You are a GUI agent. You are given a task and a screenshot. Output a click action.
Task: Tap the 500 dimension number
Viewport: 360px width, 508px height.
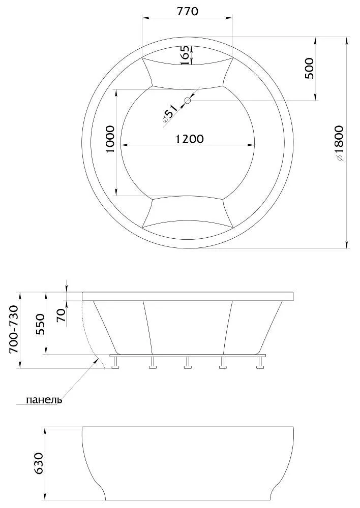tap(309, 68)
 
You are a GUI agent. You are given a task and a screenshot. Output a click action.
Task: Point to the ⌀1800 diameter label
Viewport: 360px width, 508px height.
tap(339, 143)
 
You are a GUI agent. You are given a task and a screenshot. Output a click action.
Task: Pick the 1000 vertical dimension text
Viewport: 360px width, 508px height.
tap(110, 143)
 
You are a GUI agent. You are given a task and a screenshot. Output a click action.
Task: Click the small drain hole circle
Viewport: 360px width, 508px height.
tap(188, 101)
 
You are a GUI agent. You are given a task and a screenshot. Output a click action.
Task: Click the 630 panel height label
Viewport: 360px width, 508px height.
tap(40, 463)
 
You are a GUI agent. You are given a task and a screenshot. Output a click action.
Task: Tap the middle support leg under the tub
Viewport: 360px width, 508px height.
tap(188, 363)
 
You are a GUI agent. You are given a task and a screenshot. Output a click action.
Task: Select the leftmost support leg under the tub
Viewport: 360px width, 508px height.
tap(116, 363)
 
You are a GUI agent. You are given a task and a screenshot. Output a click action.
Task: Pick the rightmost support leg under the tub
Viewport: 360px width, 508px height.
tap(261, 363)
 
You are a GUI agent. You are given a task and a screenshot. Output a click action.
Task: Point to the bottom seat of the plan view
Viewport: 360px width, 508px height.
tap(187, 211)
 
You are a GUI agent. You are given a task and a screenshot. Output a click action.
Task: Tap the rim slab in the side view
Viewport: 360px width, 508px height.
tap(188, 296)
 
